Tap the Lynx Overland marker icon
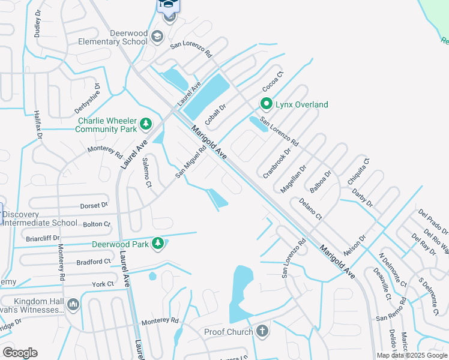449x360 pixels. [x=267, y=104]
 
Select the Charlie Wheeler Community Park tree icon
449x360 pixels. [x=145, y=124]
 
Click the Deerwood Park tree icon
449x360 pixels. [x=157, y=243]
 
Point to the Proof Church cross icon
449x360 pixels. [x=262, y=331]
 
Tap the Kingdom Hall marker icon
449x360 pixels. [x=73, y=305]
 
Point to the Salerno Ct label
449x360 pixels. [x=146, y=172]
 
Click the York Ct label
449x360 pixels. [x=103, y=284]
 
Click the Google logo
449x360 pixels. [x=20, y=352]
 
